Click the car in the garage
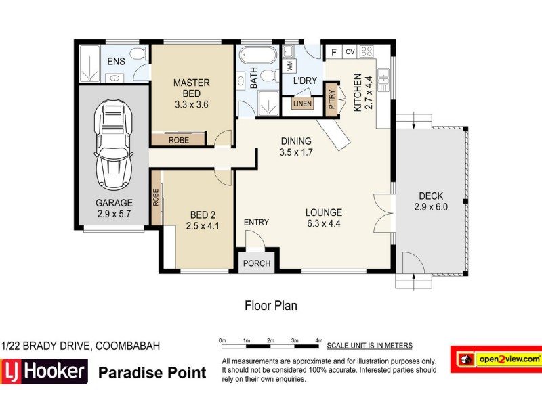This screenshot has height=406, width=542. tap(113, 145)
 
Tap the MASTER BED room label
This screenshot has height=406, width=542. tap(192, 88)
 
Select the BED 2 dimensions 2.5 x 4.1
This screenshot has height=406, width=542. tap(203, 226)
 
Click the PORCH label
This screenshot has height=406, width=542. tap(257, 263)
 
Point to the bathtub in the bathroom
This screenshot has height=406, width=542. tap(257, 55)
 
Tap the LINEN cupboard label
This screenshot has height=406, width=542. tap(302, 104)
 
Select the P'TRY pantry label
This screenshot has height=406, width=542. tap(332, 101)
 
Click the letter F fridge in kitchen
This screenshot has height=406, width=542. tap(333, 52)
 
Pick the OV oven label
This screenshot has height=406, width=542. tap(350, 51)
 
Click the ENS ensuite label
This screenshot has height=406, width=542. tap(115, 63)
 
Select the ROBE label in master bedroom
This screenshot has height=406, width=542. tap(179, 140)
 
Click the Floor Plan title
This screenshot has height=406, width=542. tap(270, 306)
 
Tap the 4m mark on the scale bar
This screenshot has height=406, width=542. tap(318, 340)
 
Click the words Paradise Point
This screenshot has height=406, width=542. tap(152, 372)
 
